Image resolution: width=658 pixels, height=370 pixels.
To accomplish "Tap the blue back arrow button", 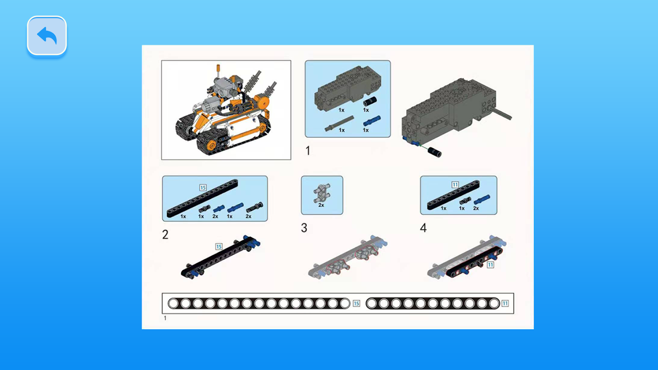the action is tap(47, 36).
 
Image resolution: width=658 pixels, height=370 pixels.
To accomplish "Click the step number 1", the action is tap(308, 151).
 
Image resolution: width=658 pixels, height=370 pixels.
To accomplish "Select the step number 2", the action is tap(165, 234).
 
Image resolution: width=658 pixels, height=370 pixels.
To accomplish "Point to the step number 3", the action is tap(304, 228).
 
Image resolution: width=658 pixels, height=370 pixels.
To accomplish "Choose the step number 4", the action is tap(423, 228).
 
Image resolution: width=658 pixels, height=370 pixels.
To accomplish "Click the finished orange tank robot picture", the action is tap(226, 110).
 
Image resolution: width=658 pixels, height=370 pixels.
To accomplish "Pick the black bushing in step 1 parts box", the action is tap(370, 102).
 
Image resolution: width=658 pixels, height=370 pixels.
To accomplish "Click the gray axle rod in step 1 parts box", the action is tap(339, 123).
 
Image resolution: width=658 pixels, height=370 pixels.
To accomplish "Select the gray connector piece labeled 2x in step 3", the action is tap(322, 193).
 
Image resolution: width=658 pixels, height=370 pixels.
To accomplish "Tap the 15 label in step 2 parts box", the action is tap(203, 187).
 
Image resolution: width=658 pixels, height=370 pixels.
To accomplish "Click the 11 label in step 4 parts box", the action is tap(455, 185).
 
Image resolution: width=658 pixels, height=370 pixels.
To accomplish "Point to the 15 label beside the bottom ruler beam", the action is tap(356, 303).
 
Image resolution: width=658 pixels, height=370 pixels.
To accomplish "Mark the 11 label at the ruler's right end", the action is tap(505, 303).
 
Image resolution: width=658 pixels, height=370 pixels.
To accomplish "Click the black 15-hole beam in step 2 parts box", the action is tap(202, 198).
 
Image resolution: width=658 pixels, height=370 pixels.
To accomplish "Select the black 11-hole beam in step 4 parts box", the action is tap(453, 195).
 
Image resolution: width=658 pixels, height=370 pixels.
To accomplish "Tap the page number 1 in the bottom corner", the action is tap(165, 318).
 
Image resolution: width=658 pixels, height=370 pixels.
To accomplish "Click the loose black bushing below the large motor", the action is tap(435, 153).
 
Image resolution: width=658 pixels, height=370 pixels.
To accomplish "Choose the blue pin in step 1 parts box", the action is tap(372, 121).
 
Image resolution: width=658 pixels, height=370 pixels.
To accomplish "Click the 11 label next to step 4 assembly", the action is tap(490, 265).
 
